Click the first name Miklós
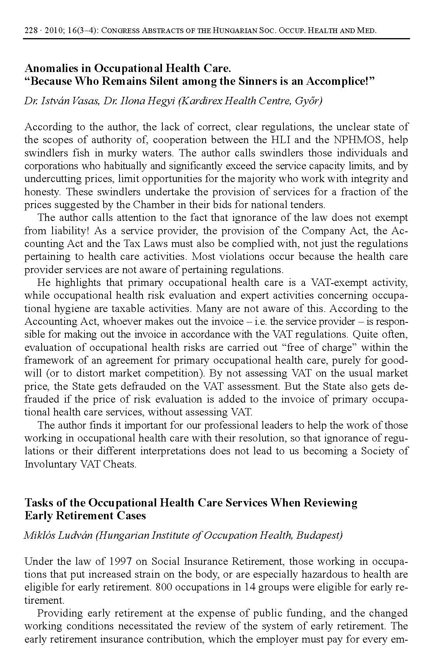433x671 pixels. coord(39,536)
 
